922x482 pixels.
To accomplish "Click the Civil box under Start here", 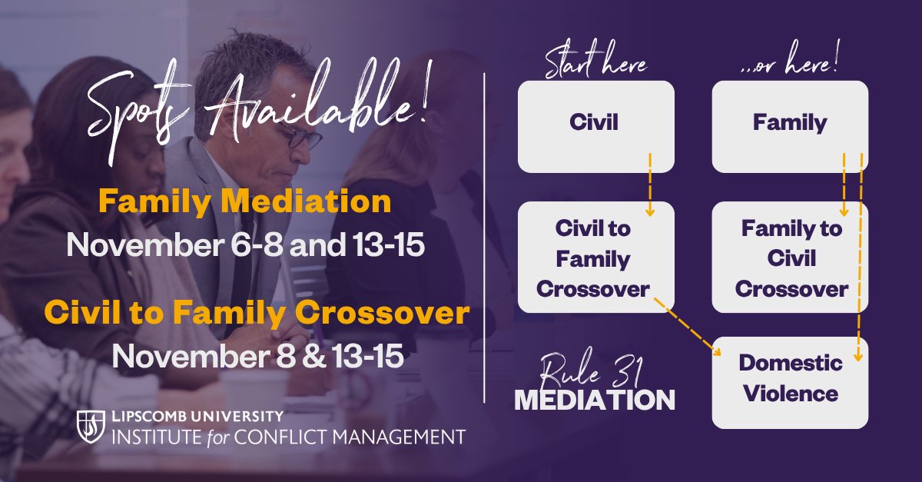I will coord(595,123).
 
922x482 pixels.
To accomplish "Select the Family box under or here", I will coord(790,123).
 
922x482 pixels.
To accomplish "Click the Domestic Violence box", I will coord(790,381).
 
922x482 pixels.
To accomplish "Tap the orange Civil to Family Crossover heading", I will coord(256,314).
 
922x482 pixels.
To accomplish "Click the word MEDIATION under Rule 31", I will coord(594,400).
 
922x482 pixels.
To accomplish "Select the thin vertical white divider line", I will coord(485,238).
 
